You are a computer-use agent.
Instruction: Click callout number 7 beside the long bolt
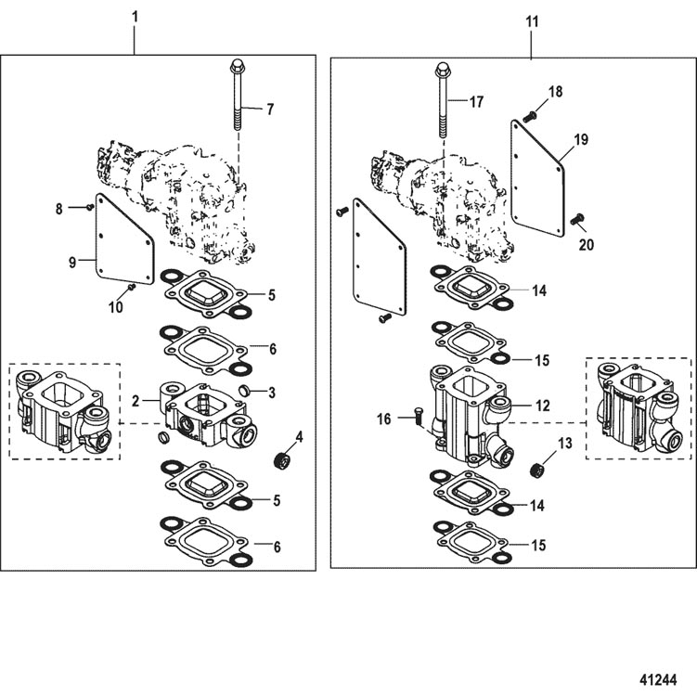click(x=270, y=110)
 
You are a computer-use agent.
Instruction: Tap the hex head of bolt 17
click(x=442, y=70)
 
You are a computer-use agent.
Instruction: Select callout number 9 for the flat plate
click(x=72, y=263)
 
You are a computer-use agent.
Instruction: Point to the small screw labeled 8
click(x=89, y=207)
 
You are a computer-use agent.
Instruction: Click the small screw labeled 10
click(x=131, y=288)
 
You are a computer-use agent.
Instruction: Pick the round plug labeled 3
click(x=244, y=390)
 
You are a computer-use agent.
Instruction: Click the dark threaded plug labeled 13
click(x=538, y=470)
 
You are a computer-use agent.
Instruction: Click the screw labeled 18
click(x=529, y=116)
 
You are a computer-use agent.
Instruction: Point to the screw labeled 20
click(x=577, y=218)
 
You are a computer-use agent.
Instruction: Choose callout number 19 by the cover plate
click(x=581, y=139)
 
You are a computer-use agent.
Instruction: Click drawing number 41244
click(x=658, y=679)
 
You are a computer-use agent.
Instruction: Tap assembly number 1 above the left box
click(x=136, y=18)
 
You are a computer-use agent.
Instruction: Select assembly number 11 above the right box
click(x=532, y=21)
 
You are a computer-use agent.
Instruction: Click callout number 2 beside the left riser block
click(x=136, y=401)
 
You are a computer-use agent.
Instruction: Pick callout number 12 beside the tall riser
click(x=543, y=406)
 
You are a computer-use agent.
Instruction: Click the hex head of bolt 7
click(x=238, y=67)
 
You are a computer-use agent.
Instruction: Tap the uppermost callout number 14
click(x=539, y=291)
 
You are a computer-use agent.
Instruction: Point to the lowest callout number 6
click(x=277, y=547)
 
